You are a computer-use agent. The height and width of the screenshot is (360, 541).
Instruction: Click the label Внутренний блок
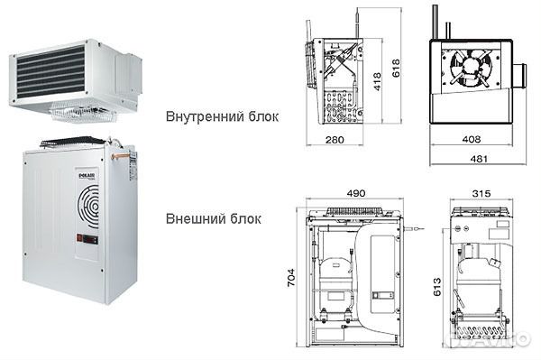[x=222, y=116]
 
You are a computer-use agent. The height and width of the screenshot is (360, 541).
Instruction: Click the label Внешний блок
[x=214, y=218]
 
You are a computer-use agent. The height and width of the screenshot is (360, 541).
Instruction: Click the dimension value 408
[x=470, y=141]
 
